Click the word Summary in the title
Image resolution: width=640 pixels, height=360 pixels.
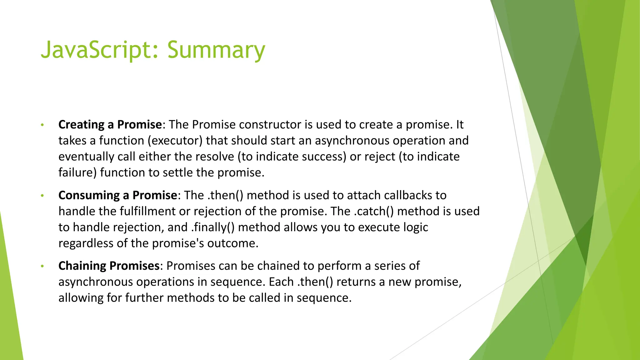(216, 50)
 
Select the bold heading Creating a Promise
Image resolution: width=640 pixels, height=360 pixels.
(110, 125)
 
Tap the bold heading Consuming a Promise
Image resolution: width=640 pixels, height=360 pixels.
(117, 195)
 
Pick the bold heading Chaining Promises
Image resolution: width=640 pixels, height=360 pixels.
(109, 266)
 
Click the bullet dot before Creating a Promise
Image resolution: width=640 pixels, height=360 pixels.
(42, 125)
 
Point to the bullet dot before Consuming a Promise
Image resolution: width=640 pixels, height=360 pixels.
(42, 196)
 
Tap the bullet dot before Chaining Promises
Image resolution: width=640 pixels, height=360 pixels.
(42, 267)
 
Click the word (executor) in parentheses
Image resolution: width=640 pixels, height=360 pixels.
(175, 141)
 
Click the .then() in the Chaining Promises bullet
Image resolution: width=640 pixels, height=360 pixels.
(315, 282)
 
